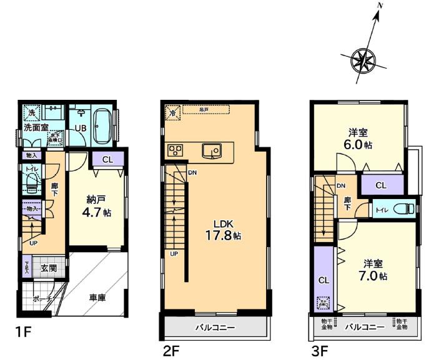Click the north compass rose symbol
click(362, 61)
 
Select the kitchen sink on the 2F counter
click(211, 150)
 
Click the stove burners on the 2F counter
click(174, 150)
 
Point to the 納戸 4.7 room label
click(97, 206)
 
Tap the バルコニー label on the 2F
click(214, 328)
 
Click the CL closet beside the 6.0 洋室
click(381, 185)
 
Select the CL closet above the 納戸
click(107, 160)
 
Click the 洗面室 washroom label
click(36, 127)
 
